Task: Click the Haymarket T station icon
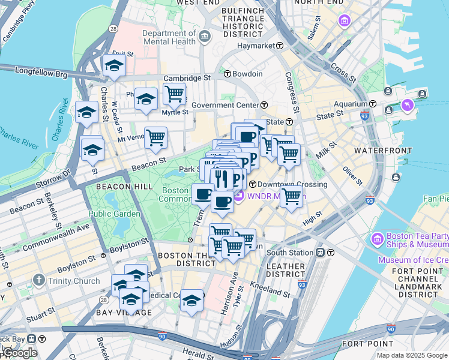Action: [279, 46]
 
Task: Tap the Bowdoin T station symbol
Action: [228, 74]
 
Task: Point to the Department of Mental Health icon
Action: [205, 37]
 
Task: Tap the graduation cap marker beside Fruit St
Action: [113, 67]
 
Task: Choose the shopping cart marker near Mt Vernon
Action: [155, 137]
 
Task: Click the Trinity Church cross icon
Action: [39, 280]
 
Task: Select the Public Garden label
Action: [114, 214]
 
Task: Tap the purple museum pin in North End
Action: [344, 22]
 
